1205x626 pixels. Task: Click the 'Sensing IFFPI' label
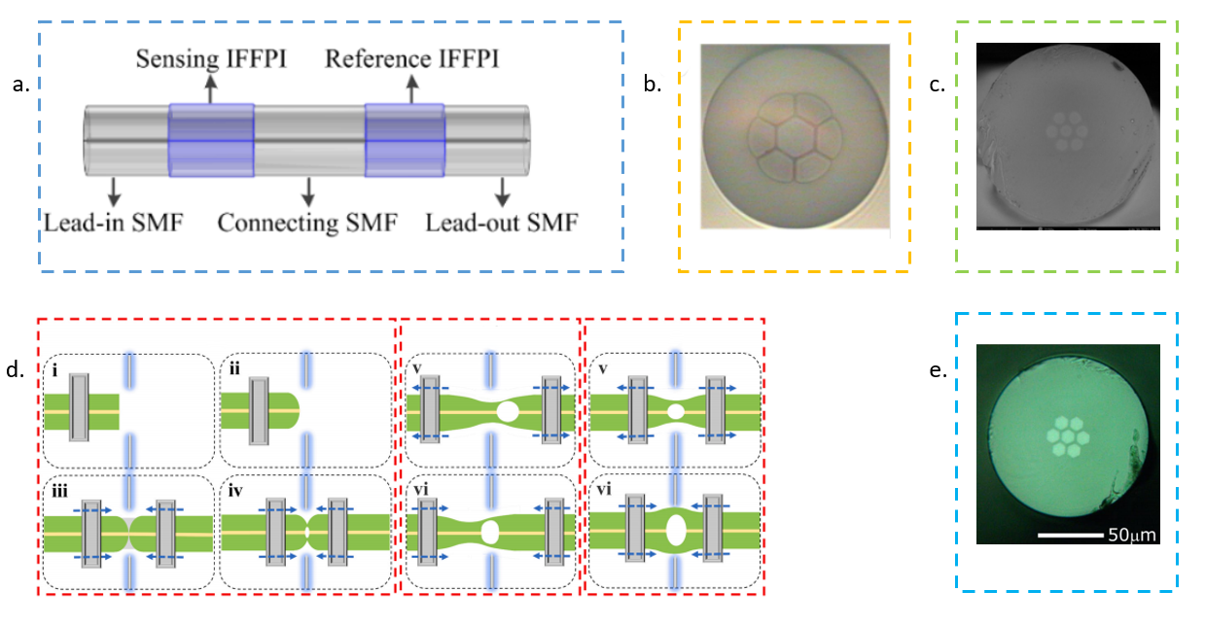(x=211, y=59)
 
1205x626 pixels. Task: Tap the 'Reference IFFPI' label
(x=412, y=58)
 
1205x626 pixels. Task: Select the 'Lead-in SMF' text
(x=114, y=223)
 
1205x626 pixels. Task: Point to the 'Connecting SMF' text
(x=307, y=223)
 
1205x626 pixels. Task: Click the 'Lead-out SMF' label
(x=502, y=223)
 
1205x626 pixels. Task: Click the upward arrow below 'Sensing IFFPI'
(x=211, y=89)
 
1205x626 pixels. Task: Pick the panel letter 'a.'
(x=21, y=85)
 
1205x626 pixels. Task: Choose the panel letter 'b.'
(x=652, y=84)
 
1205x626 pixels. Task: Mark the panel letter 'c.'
(x=938, y=85)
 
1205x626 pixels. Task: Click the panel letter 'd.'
(x=15, y=369)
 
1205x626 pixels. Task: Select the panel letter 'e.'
(x=939, y=370)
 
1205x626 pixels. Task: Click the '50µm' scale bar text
(x=1132, y=535)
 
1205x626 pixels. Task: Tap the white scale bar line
(x=1071, y=535)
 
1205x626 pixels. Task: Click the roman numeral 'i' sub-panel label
(x=54, y=370)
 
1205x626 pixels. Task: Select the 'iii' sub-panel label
(x=59, y=491)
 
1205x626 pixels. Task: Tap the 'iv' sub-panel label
(x=235, y=491)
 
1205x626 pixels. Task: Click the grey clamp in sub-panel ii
(x=259, y=411)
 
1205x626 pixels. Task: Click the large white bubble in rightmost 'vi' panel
(x=676, y=530)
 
